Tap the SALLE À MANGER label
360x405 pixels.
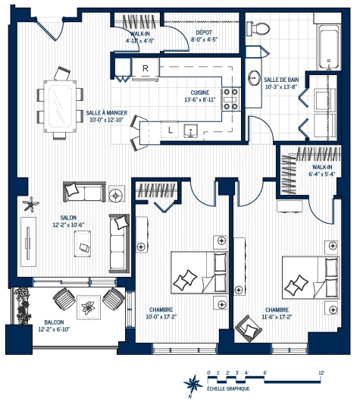tap(106, 115)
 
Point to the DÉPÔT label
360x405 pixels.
tap(202, 35)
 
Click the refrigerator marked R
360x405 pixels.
tap(144, 69)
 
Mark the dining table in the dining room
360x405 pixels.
tap(58, 105)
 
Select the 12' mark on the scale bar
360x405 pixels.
tap(321, 372)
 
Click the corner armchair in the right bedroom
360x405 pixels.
tap(247, 328)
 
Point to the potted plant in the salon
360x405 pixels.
tap(31, 204)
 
